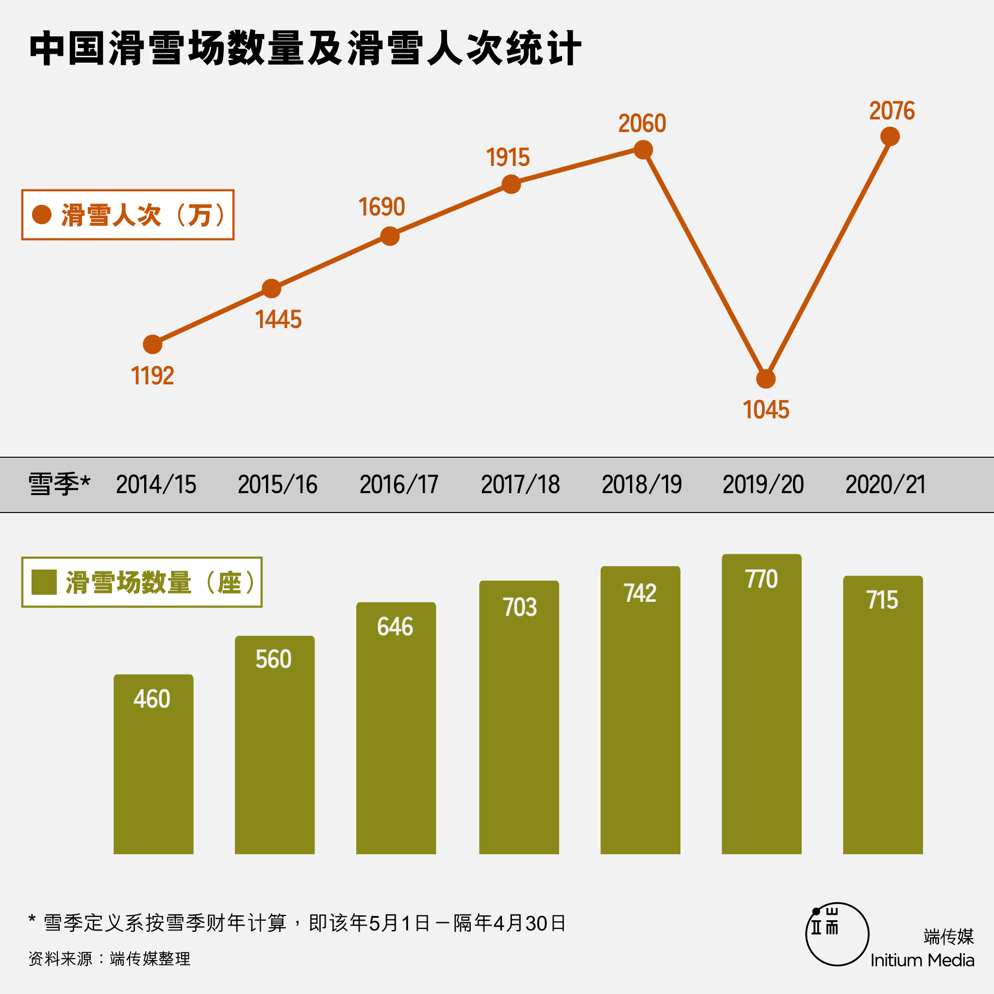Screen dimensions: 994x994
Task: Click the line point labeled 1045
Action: pos(765,379)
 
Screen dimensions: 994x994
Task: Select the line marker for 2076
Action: pos(890,136)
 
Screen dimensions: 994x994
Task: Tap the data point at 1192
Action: pos(152,344)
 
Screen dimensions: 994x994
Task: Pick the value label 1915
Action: pos(508,157)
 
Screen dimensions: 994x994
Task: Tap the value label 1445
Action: pos(278,319)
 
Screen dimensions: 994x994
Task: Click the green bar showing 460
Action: pos(153,772)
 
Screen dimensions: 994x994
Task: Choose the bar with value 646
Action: pos(396,736)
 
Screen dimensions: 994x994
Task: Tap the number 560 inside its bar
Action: pos(274,659)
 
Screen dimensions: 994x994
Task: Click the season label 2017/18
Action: pos(520,485)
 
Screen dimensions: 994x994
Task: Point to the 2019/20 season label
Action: pos(763,485)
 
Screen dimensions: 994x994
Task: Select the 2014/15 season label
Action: pos(156,485)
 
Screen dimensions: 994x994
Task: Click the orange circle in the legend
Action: pos(42,215)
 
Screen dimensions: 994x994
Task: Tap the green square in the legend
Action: pos(44,582)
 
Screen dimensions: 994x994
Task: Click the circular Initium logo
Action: pos(837,934)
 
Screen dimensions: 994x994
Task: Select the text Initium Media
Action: pos(922,960)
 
